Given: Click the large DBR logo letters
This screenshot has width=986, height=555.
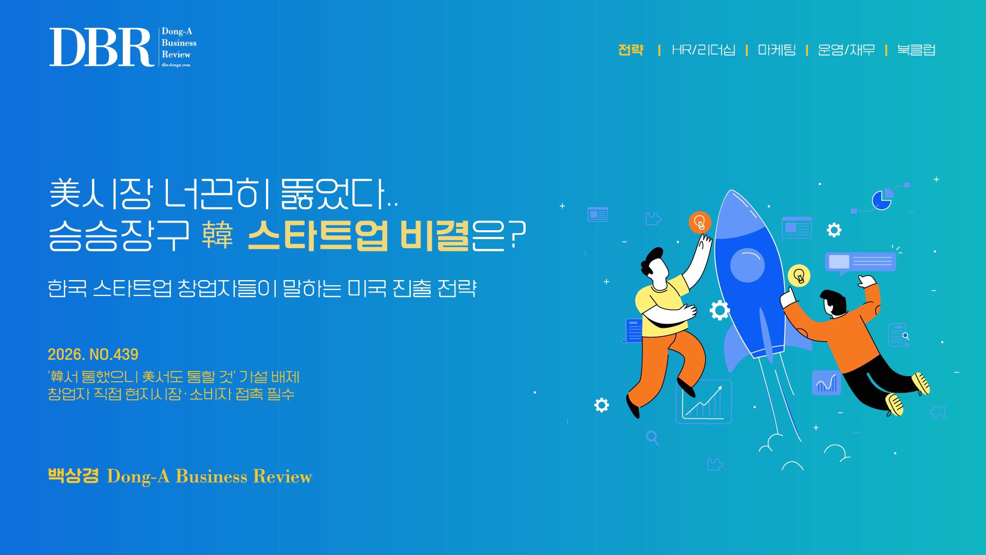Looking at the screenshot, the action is [101, 47].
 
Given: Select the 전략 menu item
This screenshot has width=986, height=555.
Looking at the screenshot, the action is [631, 50].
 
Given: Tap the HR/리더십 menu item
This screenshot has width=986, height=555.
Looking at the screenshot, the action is [704, 50].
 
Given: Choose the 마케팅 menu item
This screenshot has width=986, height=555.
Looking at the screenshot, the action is [776, 50].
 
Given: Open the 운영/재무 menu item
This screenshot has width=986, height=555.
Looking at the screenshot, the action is [846, 50].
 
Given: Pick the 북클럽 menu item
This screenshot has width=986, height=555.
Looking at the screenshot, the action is [916, 50].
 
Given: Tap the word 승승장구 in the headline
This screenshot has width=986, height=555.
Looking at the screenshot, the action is [119, 235].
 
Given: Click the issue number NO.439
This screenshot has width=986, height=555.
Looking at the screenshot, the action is [114, 355].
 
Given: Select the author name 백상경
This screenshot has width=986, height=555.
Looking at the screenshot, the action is [73, 475].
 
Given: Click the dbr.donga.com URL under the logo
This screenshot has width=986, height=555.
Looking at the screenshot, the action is [176, 65].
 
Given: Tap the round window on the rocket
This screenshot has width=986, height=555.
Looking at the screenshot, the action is [747, 265].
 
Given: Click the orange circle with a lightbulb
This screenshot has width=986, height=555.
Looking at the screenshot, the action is [699, 223].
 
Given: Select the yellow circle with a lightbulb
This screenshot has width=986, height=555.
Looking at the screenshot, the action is [799, 276].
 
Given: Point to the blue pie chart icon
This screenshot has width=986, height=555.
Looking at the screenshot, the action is [882, 199].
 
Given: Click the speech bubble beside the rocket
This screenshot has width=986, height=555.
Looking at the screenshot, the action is [860, 263].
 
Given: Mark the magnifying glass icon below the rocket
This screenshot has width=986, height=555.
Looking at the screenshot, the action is [652, 438].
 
